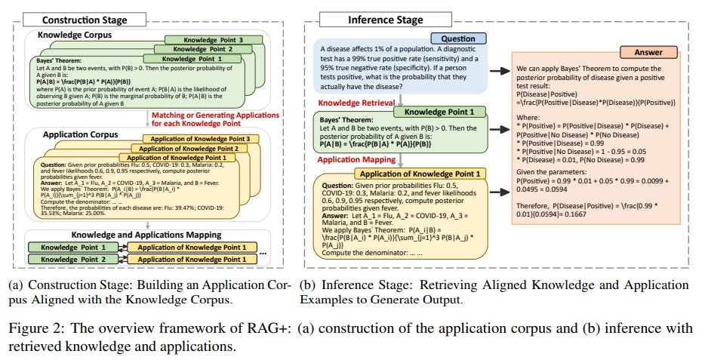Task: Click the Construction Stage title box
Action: (85, 20)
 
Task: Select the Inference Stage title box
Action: (385, 20)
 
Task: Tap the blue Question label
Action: (459, 38)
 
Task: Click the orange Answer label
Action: (648, 52)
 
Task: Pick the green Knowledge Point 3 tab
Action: (213, 40)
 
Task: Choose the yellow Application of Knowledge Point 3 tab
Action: (201, 139)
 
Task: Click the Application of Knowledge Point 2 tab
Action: (189, 149)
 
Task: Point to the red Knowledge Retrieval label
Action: (356, 103)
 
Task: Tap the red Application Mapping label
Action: (356, 159)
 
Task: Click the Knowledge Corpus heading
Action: (75, 35)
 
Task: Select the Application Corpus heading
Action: (81, 134)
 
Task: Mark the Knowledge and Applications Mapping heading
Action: (146, 235)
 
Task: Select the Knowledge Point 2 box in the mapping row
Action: (73, 260)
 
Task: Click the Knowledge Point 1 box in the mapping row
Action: (73, 248)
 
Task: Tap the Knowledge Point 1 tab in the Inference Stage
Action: (440, 112)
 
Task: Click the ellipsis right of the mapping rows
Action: (263, 254)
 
